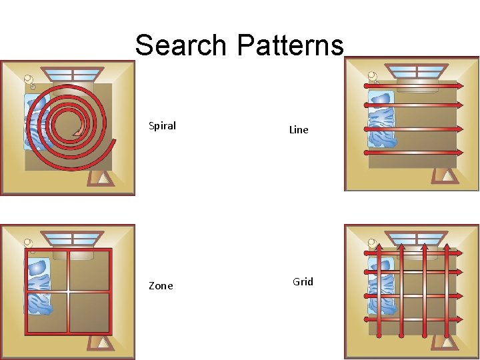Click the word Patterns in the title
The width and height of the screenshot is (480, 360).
pyautogui.click(x=289, y=45)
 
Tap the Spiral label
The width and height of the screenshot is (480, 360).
pyautogui.click(x=162, y=125)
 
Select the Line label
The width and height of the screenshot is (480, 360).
pyautogui.click(x=299, y=130)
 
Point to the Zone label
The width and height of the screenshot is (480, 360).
pyautogui.click(x=161, y=285)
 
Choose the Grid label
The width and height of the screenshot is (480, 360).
pyautogui.click(x=303, y=281)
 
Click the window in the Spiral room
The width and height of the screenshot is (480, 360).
pyautogui.click(x=73, y=74)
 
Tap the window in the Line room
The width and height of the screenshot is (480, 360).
pyautogui.click(x=417, y=71)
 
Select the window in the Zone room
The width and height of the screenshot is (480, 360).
pyautogui.click(x=73, y=239)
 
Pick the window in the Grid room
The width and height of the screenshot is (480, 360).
pyautogui.click(x=417, y=238)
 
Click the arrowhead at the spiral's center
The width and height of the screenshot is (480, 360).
pyautogui.click(x=78, y=131)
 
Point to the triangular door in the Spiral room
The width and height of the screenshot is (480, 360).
pyautogui.click(x=101, y=178)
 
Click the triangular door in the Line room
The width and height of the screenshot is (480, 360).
pyautogui.click(x=445, y=177)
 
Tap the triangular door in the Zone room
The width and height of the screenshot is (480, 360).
pyautogui.click(x=101, y=343)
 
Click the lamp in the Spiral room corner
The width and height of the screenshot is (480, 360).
pyautogui.click(x=29, y=80)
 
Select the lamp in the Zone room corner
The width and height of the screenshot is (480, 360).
pyautogui.click(x=28, y=243)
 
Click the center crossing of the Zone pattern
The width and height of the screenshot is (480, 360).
pyautogui.click(x=68, y=291)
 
